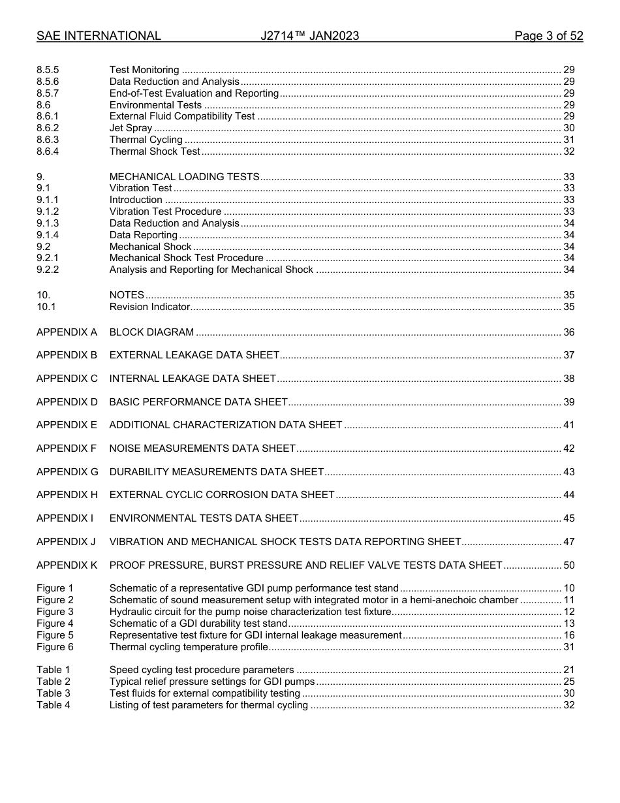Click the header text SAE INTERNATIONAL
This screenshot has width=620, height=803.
[x=99, y=36]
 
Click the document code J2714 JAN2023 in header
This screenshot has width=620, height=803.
[x=309, y=36]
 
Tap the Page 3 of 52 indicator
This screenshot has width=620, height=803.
[x=548, y=36]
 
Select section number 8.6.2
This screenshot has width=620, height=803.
[x=48, y=128]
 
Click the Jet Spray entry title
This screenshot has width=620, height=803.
[x=131, y=128]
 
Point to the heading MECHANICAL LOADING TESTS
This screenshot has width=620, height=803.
[x=184, y=177]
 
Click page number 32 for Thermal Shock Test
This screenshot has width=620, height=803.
[x=568, y=151]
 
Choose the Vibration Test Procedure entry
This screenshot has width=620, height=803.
[x=165, y=212]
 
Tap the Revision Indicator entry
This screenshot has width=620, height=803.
[x=149, y=307]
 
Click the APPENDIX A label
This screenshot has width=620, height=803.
[x=67, y=332]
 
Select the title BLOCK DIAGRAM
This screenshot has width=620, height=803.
[x=151, y=332]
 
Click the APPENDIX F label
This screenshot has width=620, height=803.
[x=67, y=449]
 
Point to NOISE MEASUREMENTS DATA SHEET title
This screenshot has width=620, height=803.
[x=202, y=449]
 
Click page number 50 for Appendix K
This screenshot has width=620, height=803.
[x=568, y=565]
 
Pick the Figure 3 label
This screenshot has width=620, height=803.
[x=55, y=612]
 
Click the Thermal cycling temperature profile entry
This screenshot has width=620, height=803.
[x=189, y=647]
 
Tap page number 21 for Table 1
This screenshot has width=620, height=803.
[x=568, y=670]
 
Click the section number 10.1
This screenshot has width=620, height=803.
[x=46, y=307]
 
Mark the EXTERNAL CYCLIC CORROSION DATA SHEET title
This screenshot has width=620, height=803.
[x=222, y=495]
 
